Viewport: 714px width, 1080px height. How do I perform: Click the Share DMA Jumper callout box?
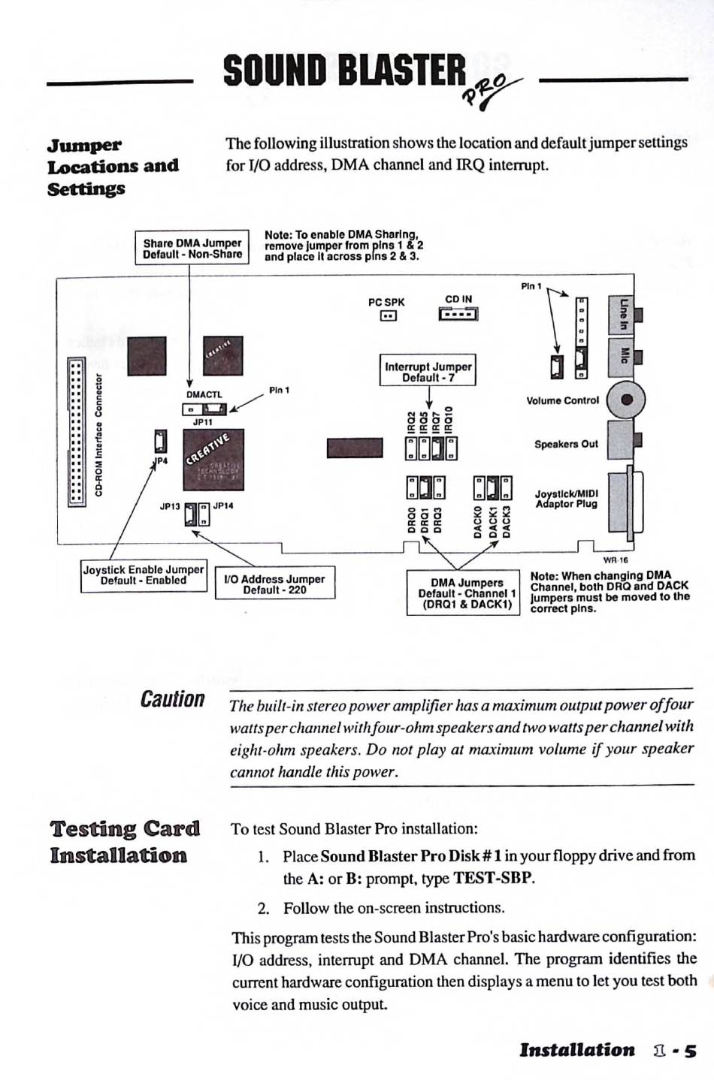(x=192, y=248)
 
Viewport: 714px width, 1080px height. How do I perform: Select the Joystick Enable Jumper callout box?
(x=144, y=575)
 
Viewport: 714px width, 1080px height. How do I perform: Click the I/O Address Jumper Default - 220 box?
(x=274, y=584)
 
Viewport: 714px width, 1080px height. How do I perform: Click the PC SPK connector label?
(x=386, y=302)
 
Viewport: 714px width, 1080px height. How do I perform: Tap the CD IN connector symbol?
(x=458, y=314)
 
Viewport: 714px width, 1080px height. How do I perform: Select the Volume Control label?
(x=562, y=400)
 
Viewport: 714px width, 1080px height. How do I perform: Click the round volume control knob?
(x=626, y=400)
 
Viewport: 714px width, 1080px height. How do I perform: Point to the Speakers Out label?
(x=566, y=444)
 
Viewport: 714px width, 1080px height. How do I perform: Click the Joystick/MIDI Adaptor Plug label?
(x=566, y=499)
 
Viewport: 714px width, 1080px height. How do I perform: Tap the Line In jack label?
(x=623, y=315)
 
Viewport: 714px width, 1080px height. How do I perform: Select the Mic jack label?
(x=623, y=354)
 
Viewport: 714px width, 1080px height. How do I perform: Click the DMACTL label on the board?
(x=204, y=394)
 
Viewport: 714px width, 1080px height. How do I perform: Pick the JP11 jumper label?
(x=203, y=422)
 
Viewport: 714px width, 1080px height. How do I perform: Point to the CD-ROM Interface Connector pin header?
(x=76, y=432)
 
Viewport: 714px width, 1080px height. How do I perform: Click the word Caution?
(x=172, y=700)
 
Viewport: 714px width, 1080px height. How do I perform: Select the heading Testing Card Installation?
(x=125, y=842)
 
